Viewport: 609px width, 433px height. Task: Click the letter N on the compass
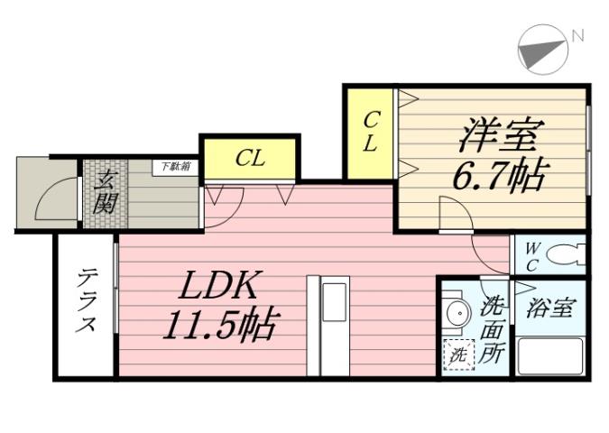click(577, 36)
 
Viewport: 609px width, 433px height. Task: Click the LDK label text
click(220, 287)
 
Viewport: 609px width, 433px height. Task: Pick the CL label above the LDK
click(250, 159)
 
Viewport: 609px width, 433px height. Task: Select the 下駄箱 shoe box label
click(176, 166)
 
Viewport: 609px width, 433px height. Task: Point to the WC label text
click(532, 253)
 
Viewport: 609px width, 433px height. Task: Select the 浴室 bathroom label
click(550, 308)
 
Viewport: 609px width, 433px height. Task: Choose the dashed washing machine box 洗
click(457, 355)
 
